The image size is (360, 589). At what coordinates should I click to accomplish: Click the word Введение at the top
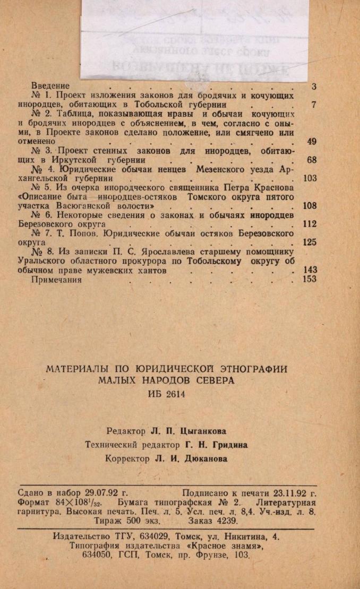pyautogui.click(x=50, y=86)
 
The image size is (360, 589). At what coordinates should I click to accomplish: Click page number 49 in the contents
pyautogui.click(x=312, y=142)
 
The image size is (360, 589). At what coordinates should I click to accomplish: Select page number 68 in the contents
pyautogui.click(x=312, y=159)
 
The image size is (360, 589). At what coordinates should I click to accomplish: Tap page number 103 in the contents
pyautogui.click(x=309, y=178)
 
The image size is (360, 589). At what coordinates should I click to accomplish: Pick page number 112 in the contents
pyautogui.click(x=309, y=224)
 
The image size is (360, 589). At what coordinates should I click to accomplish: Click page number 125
pyautogui.click(x=309, y=242)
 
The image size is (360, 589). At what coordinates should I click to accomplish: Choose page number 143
pyautogui.click(x=309, y=270)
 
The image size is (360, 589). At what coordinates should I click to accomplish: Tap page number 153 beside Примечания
pyautogui.click(x=309, y=280)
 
